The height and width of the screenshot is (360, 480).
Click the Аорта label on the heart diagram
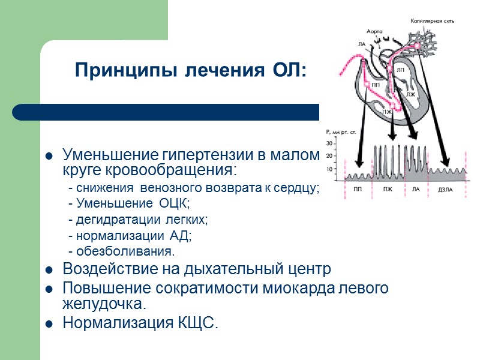[375, 31]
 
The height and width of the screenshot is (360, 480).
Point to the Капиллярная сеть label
[433, 20]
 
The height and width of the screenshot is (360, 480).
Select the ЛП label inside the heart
[401, 70]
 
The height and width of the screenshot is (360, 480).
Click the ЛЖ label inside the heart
[410, 94]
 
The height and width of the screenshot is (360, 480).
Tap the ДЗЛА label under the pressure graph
[445, 190]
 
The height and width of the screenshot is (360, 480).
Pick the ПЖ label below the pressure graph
[387, 190]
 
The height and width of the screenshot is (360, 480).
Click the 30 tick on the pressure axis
[329, 144]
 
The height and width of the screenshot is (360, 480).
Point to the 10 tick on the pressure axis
[329, 169]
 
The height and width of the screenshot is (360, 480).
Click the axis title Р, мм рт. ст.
[341, 131]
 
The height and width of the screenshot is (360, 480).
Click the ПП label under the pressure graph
[358, 190]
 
